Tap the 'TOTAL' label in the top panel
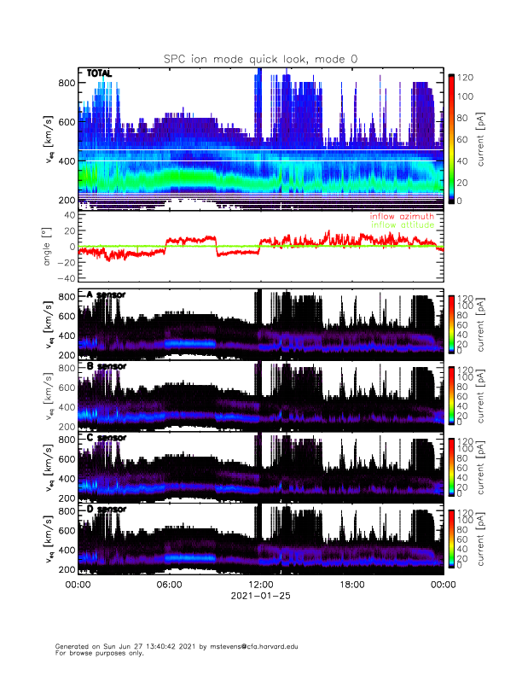pyautogui.click(x=99, y=74)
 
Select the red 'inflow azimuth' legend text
pyautogui.click(x=402, y=217)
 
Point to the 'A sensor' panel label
pyautogui.click(x=106, y=295)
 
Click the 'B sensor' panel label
pyautogui.click(x=106, y=366)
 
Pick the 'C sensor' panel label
pyautogui.click(x=106, y=438)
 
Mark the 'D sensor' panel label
pyautogui.click(x=106, y=510)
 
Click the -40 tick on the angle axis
pyautogui.click(x=62, y=278)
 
